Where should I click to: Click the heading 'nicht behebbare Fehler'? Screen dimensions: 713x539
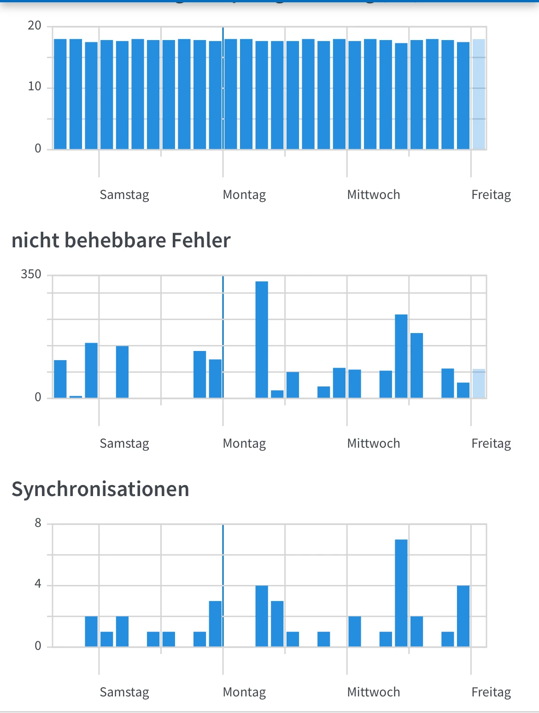point(121,240)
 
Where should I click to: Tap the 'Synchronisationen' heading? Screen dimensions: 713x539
point(100,489)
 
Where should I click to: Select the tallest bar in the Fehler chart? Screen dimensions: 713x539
point(262,339)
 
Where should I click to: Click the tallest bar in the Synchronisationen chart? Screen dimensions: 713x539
point(401,593)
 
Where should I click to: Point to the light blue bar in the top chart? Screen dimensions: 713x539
point(479,94)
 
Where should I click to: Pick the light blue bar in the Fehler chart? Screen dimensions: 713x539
point(479,384)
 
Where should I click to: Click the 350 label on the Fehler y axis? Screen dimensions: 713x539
point(31,275)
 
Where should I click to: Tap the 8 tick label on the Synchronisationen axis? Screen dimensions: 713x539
point(38,523)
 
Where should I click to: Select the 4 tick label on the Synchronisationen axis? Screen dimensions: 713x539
point(38,584)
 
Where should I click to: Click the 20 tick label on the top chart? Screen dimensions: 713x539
point(35,26)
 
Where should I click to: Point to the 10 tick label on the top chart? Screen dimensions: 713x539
point(35,87)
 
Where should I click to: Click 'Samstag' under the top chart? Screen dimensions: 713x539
point(124,195)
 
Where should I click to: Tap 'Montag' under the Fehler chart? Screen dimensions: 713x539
point(244,444)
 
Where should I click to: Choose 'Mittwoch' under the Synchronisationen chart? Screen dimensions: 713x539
point(374,692)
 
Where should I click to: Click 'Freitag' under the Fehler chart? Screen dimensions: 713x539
point(491,444)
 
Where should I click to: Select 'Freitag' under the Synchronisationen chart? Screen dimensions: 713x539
point(491,692)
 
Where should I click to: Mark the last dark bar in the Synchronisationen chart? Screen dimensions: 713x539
point(463,616)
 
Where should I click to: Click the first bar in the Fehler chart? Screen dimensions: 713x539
point(60,379)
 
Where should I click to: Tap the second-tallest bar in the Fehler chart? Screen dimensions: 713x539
point(401,356)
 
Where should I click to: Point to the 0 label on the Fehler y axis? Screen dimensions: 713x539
point(38,397)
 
